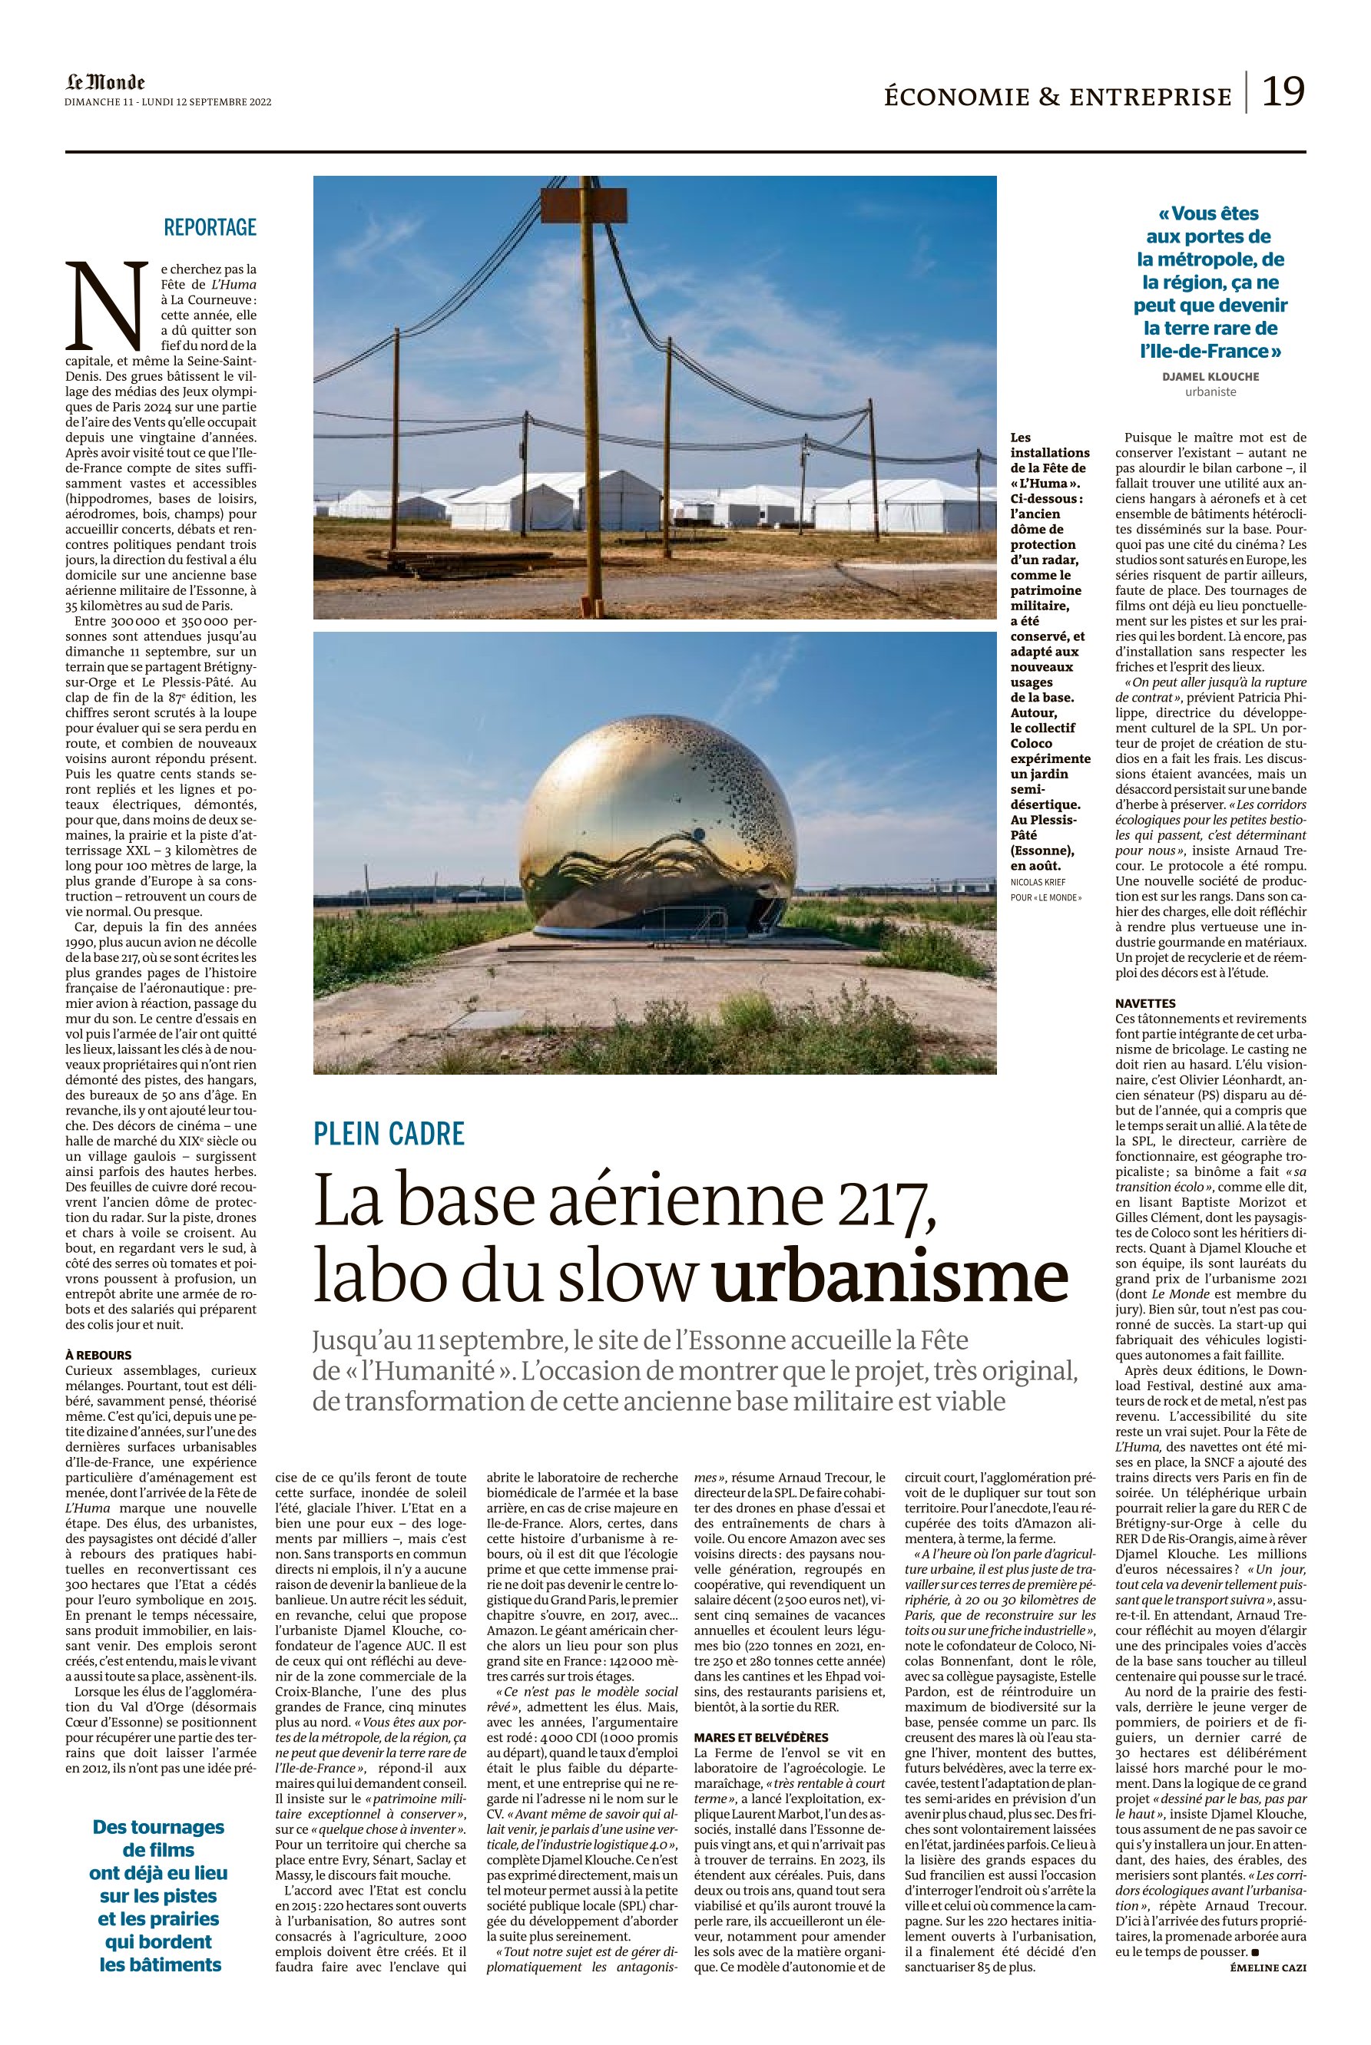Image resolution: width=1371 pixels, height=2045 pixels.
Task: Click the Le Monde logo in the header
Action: [105, 83]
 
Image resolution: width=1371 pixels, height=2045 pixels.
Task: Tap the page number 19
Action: [1283, 90]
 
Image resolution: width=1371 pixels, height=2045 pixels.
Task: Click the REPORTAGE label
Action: [210, 227]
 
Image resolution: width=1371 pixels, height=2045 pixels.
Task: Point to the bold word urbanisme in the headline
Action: [890, 1280]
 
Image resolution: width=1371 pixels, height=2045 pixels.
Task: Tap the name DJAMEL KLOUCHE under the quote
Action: [1210, 377]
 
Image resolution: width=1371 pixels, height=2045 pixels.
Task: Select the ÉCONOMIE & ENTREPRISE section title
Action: [1057, 96]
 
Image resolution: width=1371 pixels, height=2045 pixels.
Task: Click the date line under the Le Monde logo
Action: [168, 101]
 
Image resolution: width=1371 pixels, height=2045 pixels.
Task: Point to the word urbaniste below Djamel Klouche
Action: [1210, 391]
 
